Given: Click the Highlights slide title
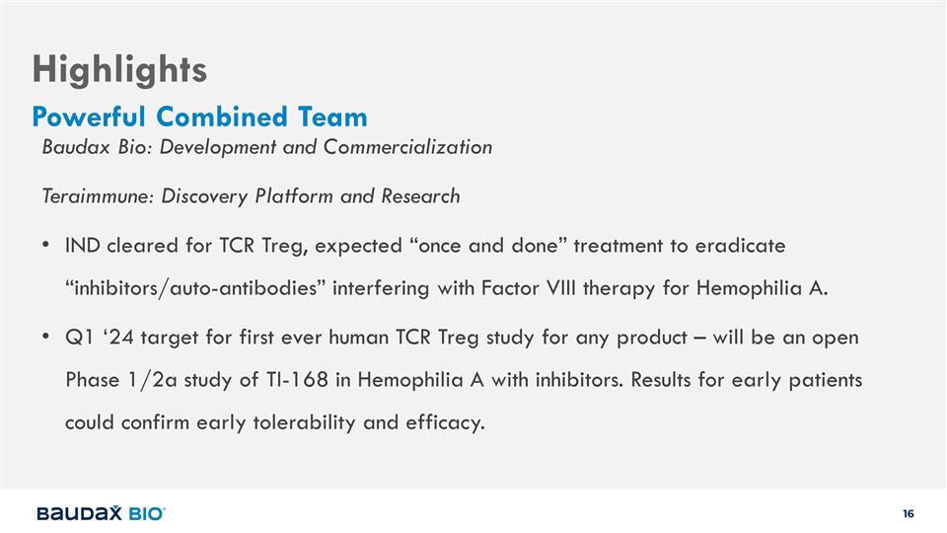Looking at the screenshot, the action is click(x=119, y=70).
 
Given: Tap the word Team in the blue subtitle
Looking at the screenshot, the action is click(x=332, y=116).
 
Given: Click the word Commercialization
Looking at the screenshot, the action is click(x=407, y=147).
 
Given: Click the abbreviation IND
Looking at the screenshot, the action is click(x=82, y=246).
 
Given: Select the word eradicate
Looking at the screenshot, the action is click(x=741, y=246).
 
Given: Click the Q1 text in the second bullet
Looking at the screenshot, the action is click(x=79, y=338).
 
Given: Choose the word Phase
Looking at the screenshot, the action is click(x=93, y=379).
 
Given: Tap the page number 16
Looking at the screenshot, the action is click(x=909, y=513).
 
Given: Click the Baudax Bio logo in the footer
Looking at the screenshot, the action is click(x=101, y=513).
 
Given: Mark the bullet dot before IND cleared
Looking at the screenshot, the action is click(x=46, y=246).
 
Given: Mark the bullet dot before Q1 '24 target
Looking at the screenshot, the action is click(x=46, y=337).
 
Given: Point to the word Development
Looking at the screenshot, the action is click(x=218, y=147).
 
